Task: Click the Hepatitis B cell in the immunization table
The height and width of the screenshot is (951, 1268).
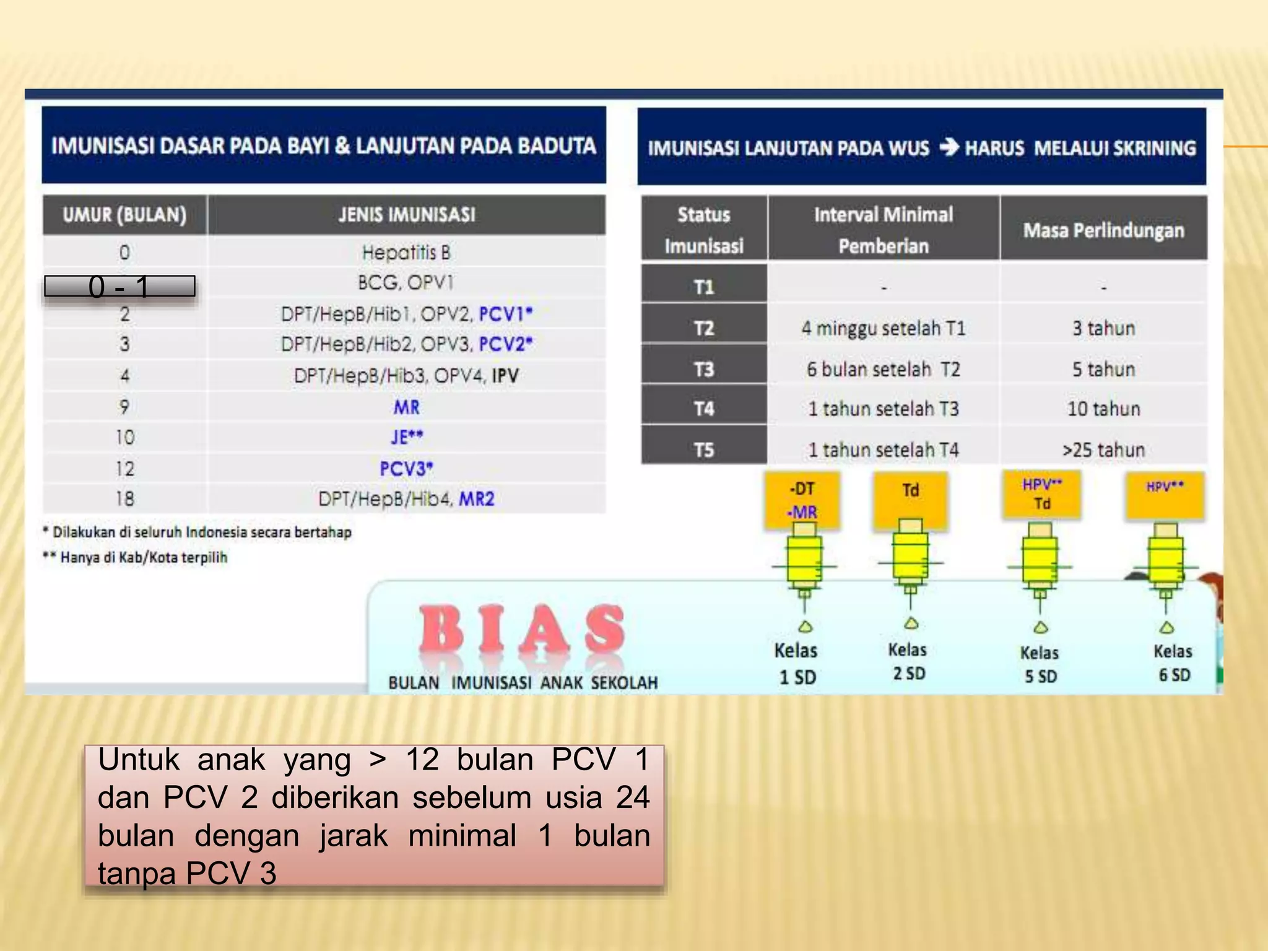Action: click(x=406, y=252)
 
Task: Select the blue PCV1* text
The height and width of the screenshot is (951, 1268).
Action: click(x=505, y=314)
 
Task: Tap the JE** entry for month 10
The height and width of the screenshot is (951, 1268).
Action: click(x=406, y=437)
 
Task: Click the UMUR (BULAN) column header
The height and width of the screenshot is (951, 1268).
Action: click(x=124, y=215)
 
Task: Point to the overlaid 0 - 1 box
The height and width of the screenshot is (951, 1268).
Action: click(x=119, y=287)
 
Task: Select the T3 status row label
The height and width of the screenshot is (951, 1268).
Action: click(x=704, y=369)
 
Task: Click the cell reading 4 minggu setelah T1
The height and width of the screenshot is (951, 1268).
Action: click(x=883, y=328)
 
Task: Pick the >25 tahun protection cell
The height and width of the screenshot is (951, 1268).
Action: click(x=1103, y=449)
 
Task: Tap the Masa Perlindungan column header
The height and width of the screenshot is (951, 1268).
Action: click(x=1103, y=230)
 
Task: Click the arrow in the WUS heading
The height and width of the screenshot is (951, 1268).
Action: click(x=949, y=147)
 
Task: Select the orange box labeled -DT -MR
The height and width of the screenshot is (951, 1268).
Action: click(x=802, y=500)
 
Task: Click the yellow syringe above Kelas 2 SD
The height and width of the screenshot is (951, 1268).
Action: click(x=910, y=557)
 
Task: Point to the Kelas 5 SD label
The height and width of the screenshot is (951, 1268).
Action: click(x=1040, y=664)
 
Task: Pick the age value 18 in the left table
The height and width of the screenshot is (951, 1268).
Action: click(x=124, y=498)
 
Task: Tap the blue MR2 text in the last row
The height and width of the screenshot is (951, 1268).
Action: click(x=476, y=498)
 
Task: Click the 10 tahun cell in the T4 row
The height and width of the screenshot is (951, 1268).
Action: click(x=1103, y=409)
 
